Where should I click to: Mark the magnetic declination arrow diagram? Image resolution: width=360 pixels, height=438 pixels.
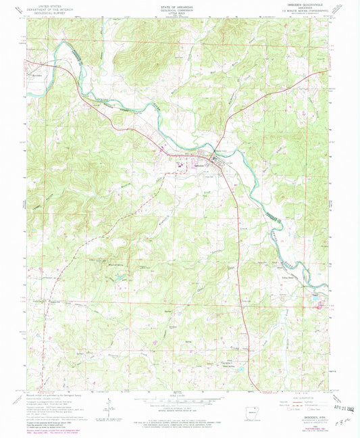point(107,403)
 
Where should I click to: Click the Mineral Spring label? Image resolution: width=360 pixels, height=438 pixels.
point(101,266)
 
